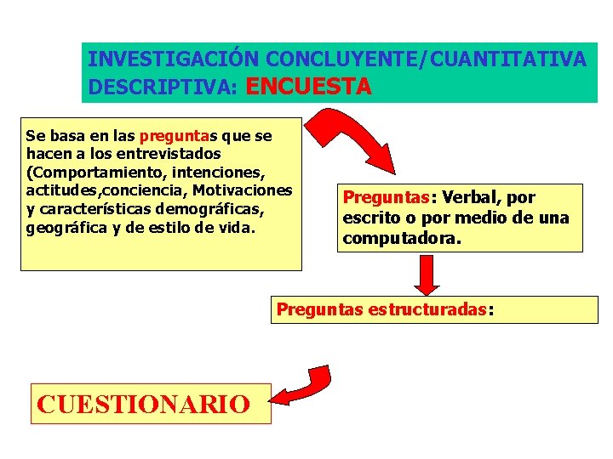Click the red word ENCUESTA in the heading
tap(308, 86)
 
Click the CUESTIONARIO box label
tap(143, 403)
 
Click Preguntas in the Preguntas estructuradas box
tap(320, 310)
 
